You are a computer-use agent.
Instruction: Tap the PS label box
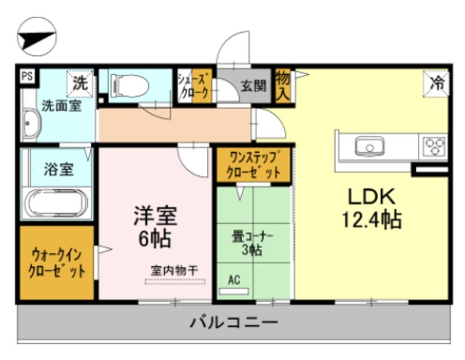click(26, 75)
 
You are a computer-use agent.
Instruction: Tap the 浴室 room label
click(58, 169)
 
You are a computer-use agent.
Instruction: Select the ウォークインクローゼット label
click(57, 263)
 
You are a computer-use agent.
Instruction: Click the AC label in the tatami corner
click(234, 280)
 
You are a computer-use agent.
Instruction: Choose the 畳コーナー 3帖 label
click(252, 241)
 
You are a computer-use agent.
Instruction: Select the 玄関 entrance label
click(254, 86)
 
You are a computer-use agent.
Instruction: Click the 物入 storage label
click(283, 86)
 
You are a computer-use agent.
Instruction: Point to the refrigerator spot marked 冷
click(437, 82)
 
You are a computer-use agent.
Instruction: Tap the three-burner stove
click(435, 145)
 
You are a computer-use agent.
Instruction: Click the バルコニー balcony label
click(232, 321)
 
